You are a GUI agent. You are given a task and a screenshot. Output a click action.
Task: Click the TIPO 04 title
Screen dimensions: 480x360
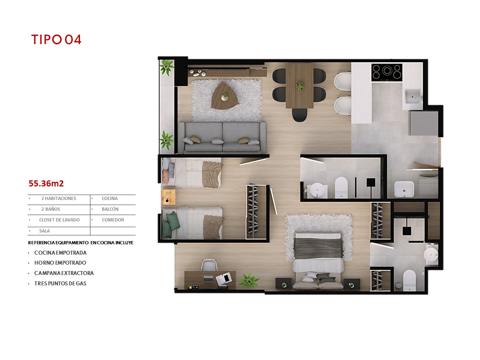click(x=56, y=40)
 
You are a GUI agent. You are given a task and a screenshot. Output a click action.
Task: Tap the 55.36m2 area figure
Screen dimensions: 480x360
click(x=46, y=183)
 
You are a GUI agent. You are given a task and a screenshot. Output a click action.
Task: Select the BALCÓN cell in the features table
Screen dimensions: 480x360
click(x=110, y=209)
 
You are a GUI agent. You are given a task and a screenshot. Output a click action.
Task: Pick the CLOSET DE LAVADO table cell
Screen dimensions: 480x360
click(x=59, y=220)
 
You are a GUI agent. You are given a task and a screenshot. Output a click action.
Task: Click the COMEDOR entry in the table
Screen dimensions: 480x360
click(x=113, y=220)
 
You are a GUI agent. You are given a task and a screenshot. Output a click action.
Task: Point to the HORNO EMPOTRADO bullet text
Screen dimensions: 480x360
click(x=60, y=263)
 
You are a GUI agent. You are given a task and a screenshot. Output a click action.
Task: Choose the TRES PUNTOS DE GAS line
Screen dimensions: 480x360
click(x=60, y=284)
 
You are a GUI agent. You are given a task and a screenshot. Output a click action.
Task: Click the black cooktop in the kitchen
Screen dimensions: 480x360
click(x=387, y=72)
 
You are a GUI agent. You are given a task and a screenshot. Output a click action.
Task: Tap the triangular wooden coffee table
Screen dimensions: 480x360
click(x=224, y=96)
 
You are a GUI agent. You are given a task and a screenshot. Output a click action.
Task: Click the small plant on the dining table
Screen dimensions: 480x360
click(x=299, y=86)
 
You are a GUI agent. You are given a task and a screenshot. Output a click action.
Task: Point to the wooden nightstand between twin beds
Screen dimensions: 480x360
click(x=169, y=197)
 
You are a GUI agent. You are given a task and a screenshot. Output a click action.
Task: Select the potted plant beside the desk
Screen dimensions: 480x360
click(x=249, y=280)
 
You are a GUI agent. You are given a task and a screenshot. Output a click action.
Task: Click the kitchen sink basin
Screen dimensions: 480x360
click(x=412, y=96)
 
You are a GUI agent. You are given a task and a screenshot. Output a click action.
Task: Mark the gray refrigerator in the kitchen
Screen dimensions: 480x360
click(x=423, y=123)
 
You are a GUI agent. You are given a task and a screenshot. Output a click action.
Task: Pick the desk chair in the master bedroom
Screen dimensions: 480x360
click(x=209, y=265)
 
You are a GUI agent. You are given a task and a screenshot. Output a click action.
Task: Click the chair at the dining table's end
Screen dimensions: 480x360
click(x=300, y=115)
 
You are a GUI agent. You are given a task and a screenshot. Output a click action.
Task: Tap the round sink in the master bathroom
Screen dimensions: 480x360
click(x=431, y=255)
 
